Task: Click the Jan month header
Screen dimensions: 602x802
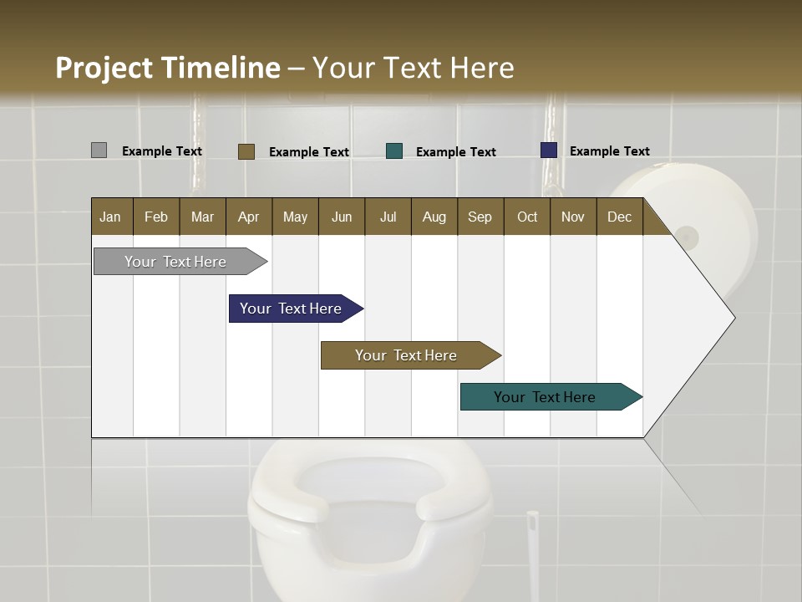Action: click(x=110, y=217)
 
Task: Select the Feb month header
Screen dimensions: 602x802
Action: click(x=156, y=217)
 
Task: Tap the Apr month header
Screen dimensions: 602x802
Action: click(x=248, y=217)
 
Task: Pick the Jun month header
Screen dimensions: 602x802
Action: click(x=342, y=217)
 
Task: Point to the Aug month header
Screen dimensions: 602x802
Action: click(x=434, y=217)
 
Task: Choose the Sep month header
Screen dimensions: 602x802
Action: click(x=480, y=217)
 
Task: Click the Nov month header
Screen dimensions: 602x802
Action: click(x=572, y=217)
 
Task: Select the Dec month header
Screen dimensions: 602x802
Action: click(x=619, y=217)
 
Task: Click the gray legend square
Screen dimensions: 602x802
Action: click(x=99, y=150)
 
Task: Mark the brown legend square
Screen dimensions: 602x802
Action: click(x=246, y=151)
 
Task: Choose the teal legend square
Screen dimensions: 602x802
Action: click(x=394, y=150)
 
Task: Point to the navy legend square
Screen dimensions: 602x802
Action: click(x=548, y=150)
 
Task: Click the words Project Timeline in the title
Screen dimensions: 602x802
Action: click(x=167, y=68)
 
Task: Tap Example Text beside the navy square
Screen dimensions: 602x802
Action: click(x=609, y=150)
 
